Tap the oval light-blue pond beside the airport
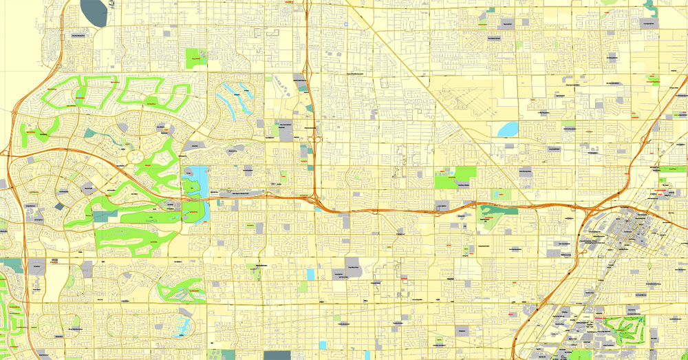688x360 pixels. [x=508, y=129]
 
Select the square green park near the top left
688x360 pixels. [x=196, y=58]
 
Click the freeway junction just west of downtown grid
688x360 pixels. [x=588, y=210]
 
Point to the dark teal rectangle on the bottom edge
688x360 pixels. [x=277, y=355]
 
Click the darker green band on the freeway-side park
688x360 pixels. [x=497, y=210]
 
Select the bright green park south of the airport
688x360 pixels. [x=456, y=177]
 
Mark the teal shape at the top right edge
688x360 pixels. [x=649, y=7]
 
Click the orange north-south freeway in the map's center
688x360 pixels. [x=311, y=103]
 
